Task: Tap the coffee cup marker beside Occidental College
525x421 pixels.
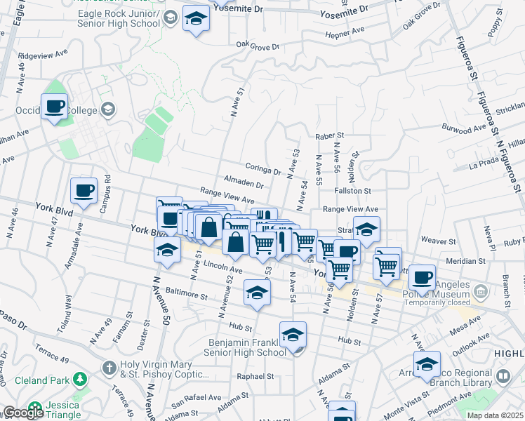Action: (54, 107)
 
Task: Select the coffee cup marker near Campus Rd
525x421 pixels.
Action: (84, 191)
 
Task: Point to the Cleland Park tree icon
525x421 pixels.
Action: (81, 380)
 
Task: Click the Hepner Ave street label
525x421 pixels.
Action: (345, 32)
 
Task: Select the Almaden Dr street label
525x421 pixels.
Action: (244, 185)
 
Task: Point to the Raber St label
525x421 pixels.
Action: (330, 135)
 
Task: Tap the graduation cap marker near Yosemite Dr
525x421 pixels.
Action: (196, 19)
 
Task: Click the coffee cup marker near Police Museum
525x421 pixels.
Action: (421, 277)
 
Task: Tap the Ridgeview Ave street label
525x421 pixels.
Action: (42, 53)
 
